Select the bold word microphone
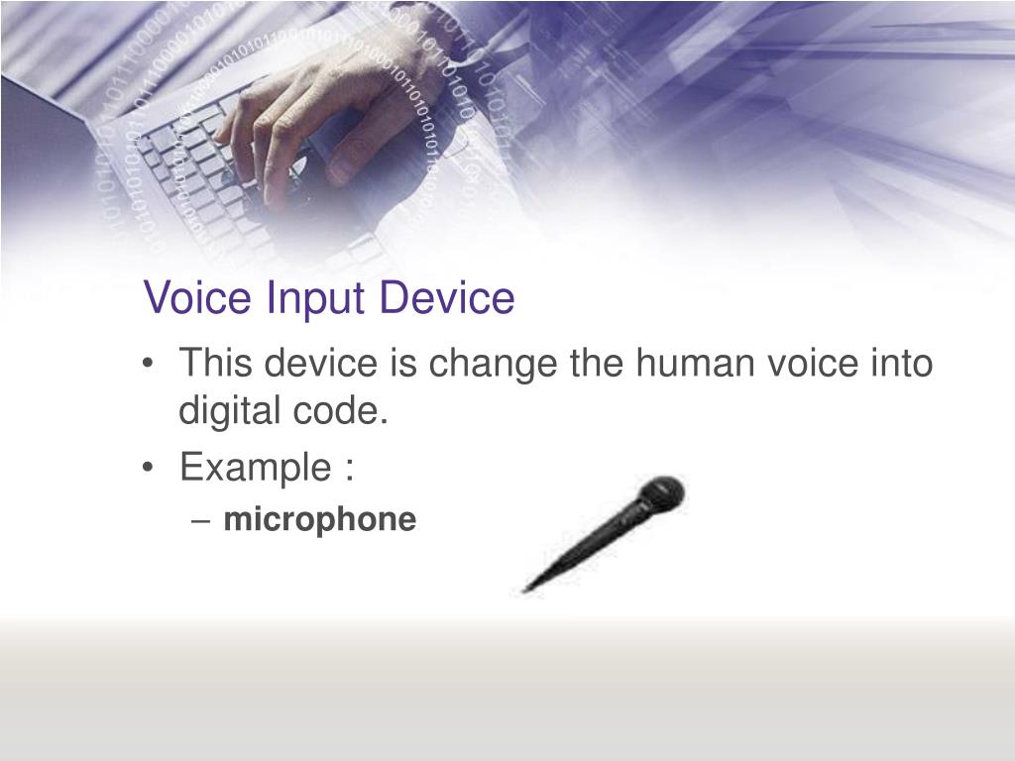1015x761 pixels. [319, 519]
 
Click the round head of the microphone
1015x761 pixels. [661, 493]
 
